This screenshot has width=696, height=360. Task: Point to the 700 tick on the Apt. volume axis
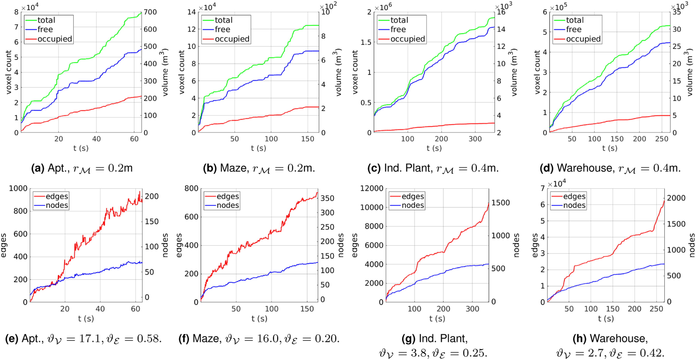[150, 12]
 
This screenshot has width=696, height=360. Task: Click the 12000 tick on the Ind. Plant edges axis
[372, 188]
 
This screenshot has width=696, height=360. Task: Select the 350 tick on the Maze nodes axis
[327, 198]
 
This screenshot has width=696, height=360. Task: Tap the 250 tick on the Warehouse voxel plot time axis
[662, 139]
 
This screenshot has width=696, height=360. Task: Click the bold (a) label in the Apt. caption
[38, 168]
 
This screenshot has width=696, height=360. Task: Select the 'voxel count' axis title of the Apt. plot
[9, 72]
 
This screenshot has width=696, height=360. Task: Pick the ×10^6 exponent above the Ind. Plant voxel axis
[383, 7]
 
